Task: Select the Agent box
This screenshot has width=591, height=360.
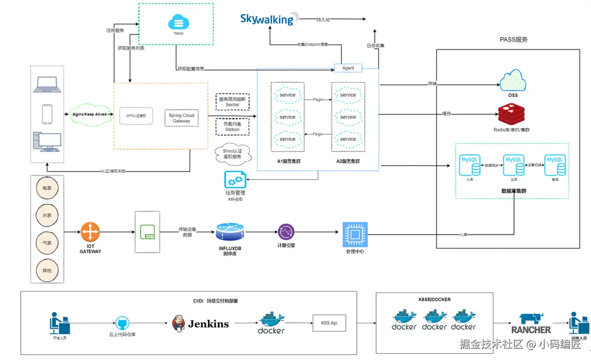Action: click(x=348, y=68)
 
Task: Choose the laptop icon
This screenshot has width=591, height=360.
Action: click(x=47, y=85)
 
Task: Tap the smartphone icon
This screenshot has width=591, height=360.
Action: click(x=47, y=113)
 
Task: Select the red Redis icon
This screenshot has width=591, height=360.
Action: click(x=513, y=113)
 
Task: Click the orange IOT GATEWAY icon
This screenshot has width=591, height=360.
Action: click(x=91, y=232)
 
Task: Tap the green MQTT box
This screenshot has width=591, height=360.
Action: click(x=147, y=232)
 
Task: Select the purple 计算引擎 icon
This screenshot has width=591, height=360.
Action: click(x=286, y=232)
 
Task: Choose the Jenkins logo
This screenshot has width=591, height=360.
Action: click(x=201, y=324)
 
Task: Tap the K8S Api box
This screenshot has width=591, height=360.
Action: click(x=330, y=323)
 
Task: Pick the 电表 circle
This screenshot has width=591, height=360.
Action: click(x=47, y=188)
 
